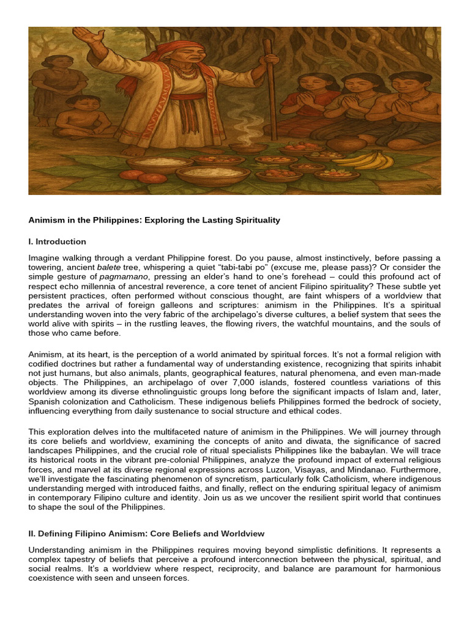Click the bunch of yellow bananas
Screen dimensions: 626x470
(x=373, y=160)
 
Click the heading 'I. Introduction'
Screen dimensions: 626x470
(x=57, y=241)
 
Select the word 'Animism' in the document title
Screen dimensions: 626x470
(x=46, y=220)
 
